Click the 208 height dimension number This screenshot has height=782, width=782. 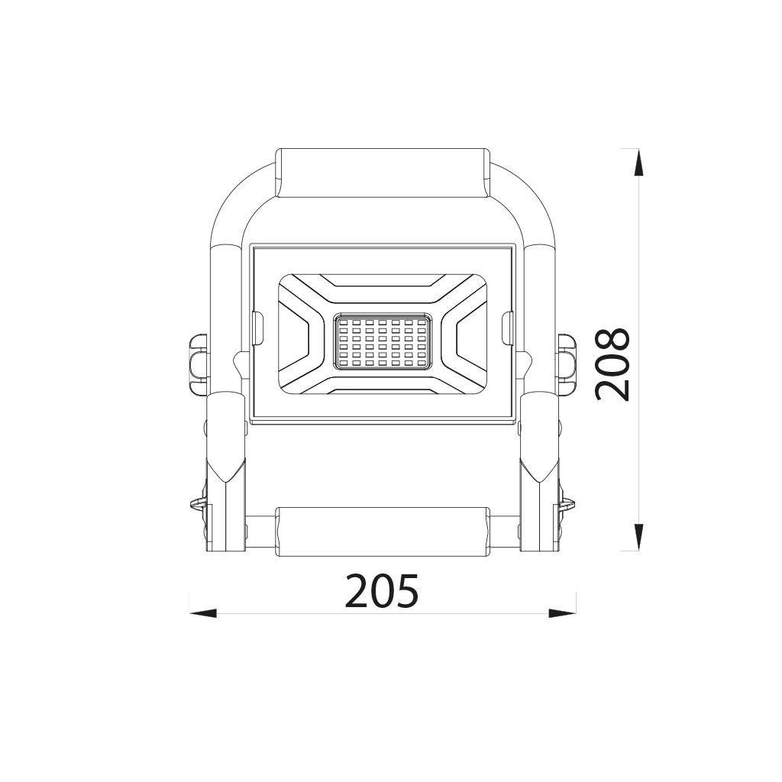point(612,364)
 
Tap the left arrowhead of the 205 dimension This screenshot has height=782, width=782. point(203,613)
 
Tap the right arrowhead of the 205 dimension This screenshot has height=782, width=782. point(563,613)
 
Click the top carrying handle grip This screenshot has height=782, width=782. point(382,173)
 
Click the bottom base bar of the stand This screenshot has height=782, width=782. point(382,532)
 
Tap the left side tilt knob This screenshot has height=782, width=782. point(198,357)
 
